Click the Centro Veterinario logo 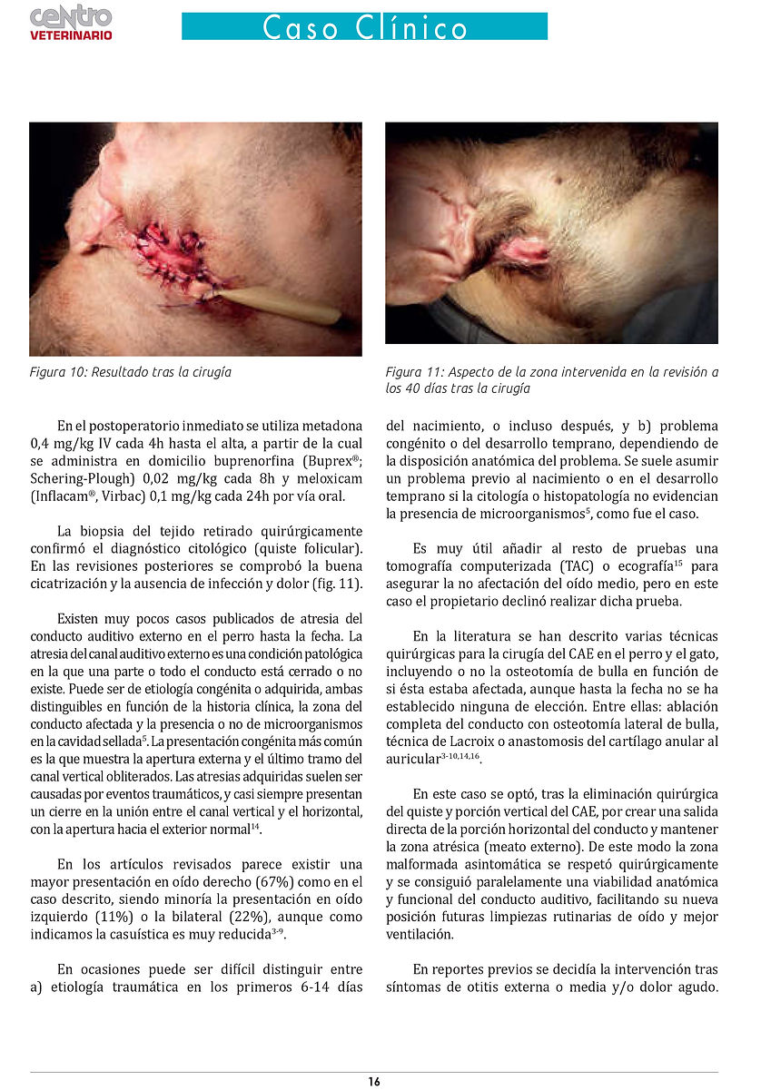click(71, 23)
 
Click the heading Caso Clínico click(364, 27)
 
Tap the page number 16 click(374, 1081)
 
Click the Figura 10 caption click(131, 372)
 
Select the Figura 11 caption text click(551, 380)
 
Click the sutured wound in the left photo click(173, 254)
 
